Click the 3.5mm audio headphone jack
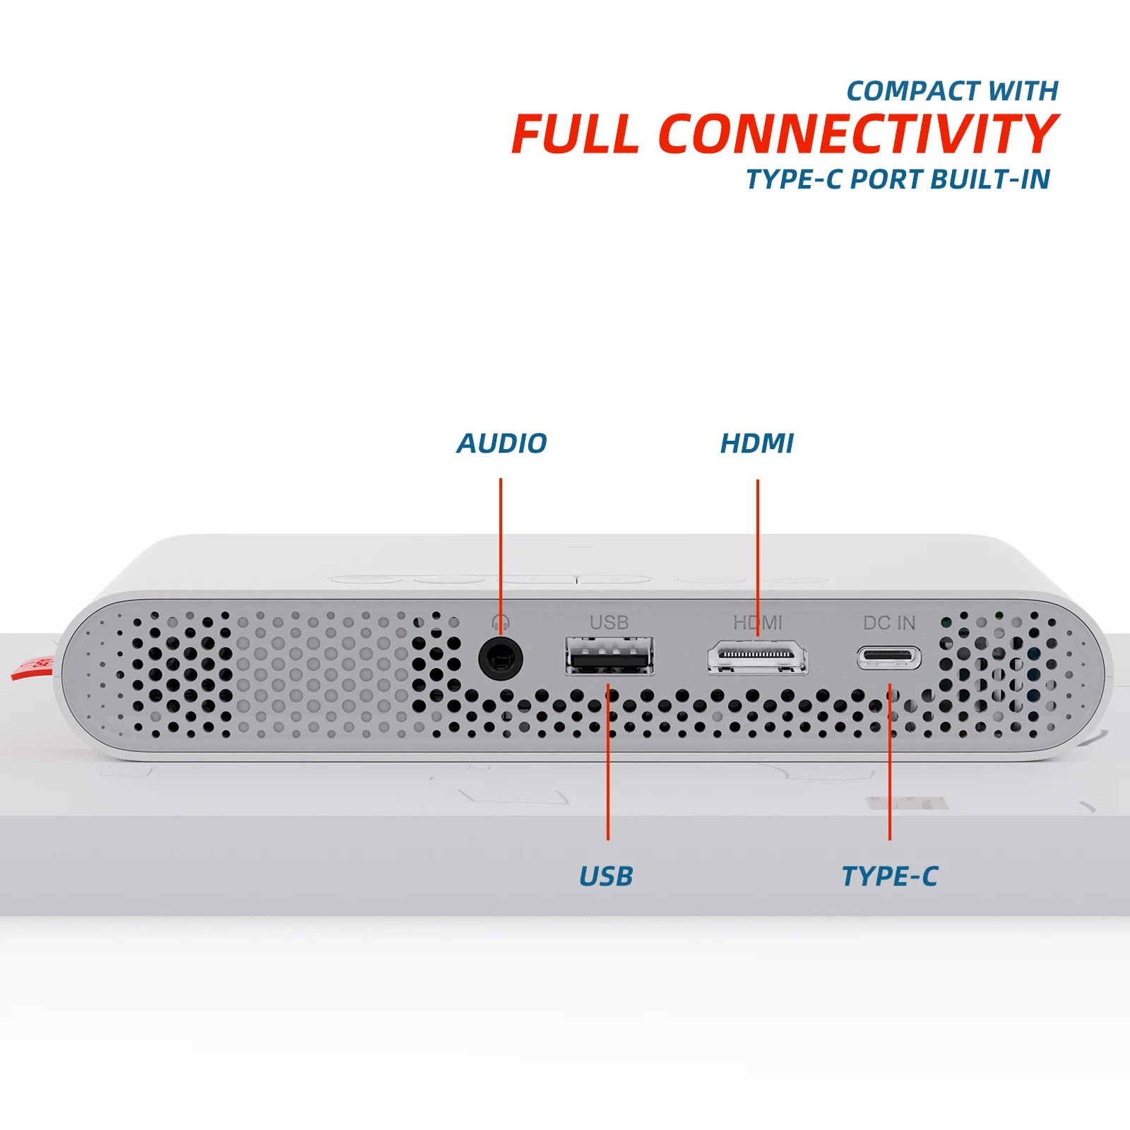501,659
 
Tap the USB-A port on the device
609,657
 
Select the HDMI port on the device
758,657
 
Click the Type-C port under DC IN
889,658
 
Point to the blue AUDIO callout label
502,444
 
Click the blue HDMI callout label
757,444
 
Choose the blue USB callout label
606,876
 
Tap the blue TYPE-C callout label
890,876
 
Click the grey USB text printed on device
609,622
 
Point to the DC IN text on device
889,623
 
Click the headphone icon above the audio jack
501,622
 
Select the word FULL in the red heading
575,134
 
